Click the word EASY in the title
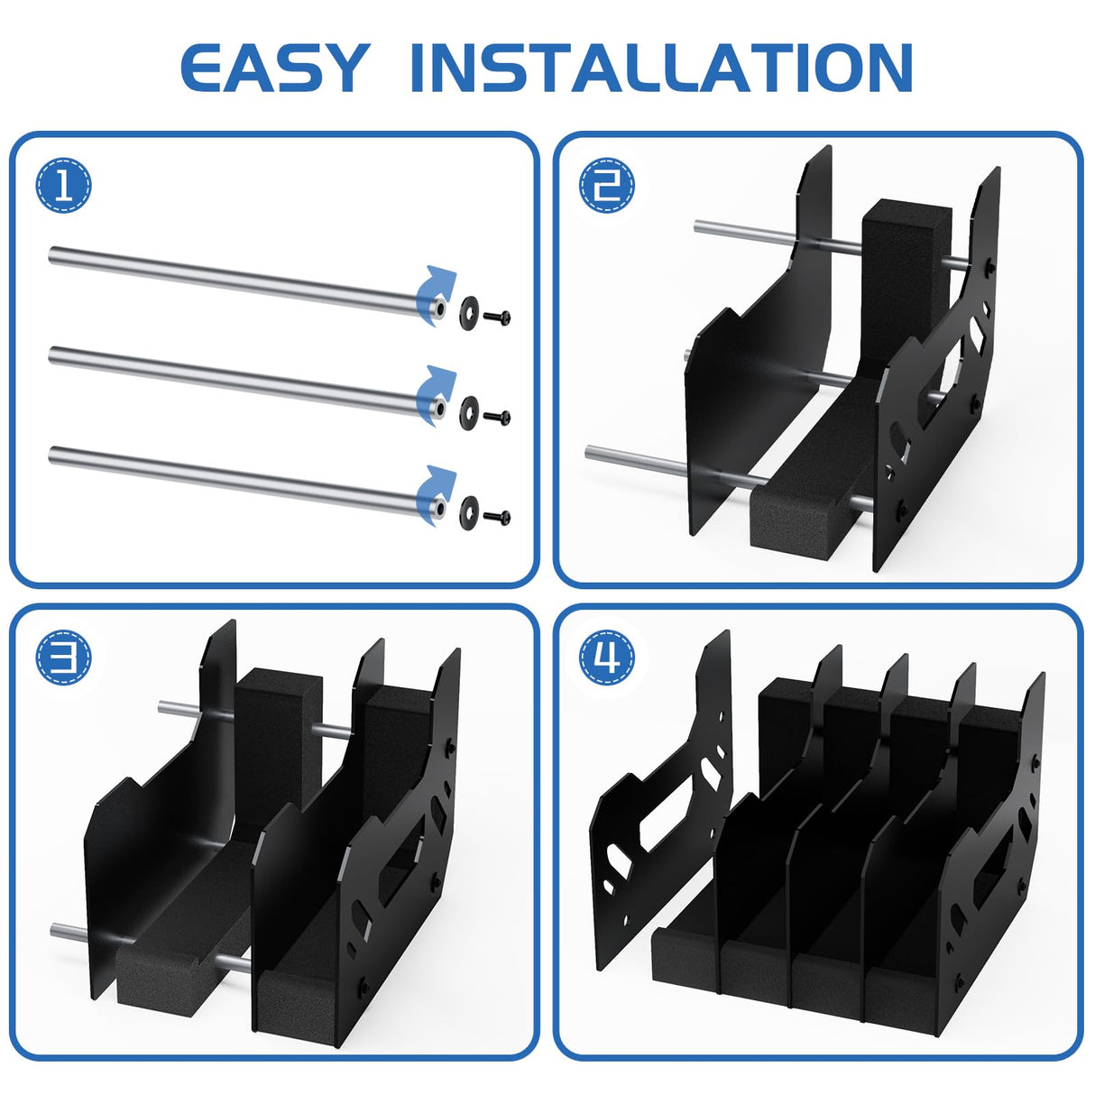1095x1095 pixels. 274,68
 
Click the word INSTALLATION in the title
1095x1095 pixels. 661,68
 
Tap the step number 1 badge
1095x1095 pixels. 63,186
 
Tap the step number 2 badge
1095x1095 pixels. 607,186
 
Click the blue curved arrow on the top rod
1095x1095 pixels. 437,287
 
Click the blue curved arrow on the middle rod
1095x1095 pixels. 437,386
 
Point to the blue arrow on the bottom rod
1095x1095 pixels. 437,486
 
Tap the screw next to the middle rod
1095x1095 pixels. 497,417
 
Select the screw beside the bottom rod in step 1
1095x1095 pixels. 497,517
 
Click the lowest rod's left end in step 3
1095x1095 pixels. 59,928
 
